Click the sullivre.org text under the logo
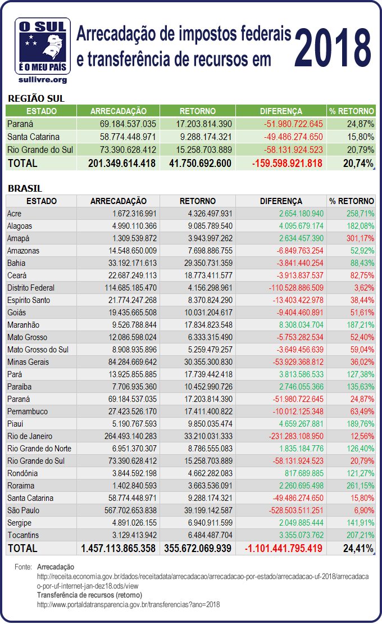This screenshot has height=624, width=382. pos(44,80)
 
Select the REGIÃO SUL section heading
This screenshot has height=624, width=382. pos(36,98)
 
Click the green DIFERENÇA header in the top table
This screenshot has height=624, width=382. pos(281,111)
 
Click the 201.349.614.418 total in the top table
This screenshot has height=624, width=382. pos(122,164)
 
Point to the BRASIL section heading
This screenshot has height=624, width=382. pos(25,189)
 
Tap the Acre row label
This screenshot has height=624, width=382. pos(16,214)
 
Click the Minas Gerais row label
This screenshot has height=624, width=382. pos(28,362)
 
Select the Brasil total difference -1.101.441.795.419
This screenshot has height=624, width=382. pos(280,548)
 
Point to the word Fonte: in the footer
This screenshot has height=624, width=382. pos(24,568)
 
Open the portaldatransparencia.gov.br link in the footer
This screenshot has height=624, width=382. pos(128,605)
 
